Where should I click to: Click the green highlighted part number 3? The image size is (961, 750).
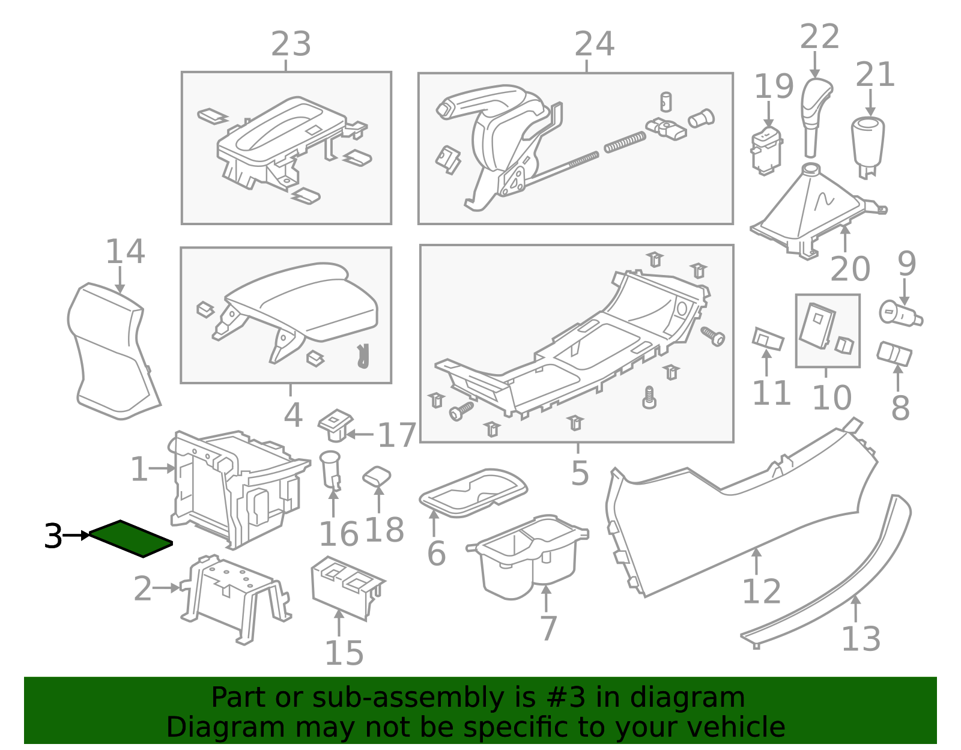point(131,538)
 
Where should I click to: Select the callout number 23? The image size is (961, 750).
point(291,44)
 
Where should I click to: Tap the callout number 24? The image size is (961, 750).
point(594,44)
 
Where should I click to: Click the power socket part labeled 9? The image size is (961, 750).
point(900,314)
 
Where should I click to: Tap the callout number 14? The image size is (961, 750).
point(125,252)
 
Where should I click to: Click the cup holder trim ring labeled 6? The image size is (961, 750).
point(473,493)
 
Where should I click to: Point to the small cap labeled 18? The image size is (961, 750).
point(377,476)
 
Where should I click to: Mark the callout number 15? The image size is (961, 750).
point(344,653)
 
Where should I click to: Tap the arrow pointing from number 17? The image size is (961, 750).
point(360,434)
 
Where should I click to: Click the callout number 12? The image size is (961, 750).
point(762,591)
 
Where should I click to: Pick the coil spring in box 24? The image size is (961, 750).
point(625,142)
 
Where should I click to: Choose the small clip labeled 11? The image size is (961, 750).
point(768,339)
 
